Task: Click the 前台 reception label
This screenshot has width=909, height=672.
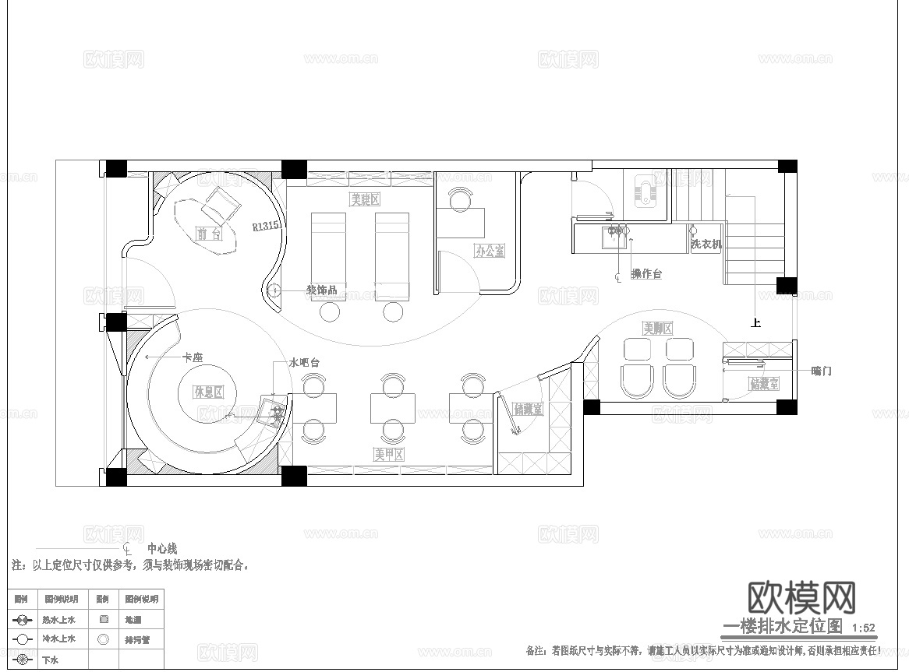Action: click(208, 233)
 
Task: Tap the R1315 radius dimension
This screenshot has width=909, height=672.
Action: click(265, 226)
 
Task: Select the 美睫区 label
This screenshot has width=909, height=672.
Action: click(364, 200)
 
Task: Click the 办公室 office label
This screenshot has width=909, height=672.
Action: click(490, 251)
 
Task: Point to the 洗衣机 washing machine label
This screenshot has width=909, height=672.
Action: click(706, 244)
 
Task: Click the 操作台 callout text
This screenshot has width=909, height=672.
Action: click(646, 274)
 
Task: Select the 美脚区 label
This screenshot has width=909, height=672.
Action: click(657, 328)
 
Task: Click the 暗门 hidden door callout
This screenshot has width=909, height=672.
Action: click(821, 371)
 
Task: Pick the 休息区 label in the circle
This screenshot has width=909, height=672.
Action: click(209, 391)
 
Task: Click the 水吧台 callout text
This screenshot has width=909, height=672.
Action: click(304, 363)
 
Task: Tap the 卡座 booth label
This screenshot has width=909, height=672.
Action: click(192, 357)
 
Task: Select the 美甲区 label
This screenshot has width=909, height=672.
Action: click(388, 454)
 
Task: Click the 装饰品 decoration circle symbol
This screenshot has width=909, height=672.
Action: click(274, 290)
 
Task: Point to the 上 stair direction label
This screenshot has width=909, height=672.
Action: click(755, 322)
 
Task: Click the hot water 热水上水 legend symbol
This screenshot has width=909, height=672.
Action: click(23, 620)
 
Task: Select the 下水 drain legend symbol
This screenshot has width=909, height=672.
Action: click(23, 660)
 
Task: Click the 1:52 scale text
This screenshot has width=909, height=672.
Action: click(864, 628)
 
